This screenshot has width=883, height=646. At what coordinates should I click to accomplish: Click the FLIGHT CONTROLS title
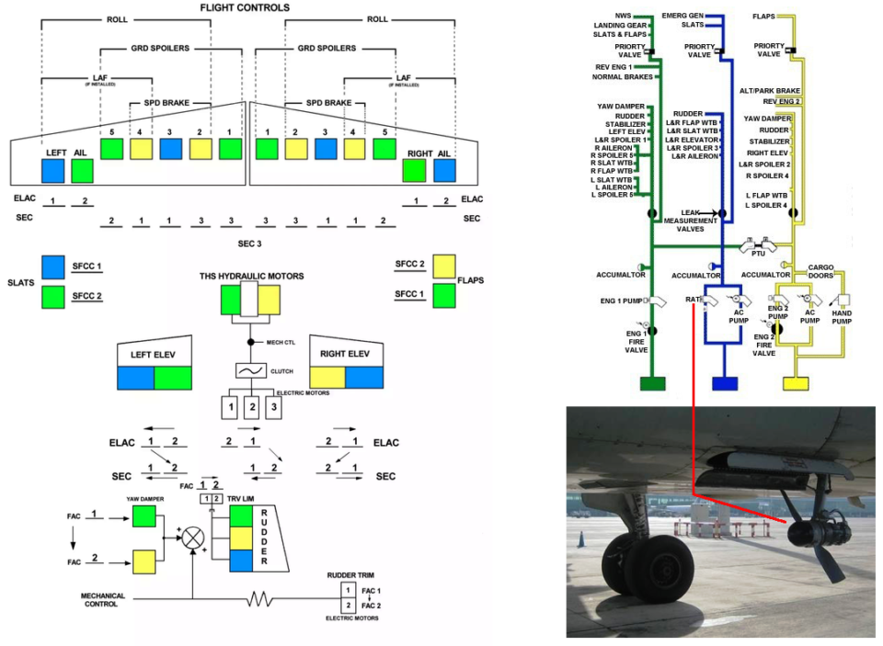245,8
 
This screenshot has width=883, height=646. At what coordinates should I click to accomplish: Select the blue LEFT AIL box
52,171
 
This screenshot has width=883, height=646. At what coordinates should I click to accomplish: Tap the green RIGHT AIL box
414,171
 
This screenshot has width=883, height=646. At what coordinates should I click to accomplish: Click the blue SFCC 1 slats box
53,266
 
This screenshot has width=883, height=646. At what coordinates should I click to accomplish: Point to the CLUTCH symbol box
248,370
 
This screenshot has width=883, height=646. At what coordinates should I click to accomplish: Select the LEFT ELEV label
153,353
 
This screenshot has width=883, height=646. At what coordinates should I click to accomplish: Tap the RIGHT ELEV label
345,353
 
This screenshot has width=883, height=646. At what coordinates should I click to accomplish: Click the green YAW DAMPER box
144,516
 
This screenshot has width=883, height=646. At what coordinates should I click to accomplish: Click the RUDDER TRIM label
350,575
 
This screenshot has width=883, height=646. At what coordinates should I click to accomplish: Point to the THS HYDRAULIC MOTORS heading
251,276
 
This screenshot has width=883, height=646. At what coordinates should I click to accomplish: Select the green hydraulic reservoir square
653,385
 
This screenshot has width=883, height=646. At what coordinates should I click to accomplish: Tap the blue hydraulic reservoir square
725,385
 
